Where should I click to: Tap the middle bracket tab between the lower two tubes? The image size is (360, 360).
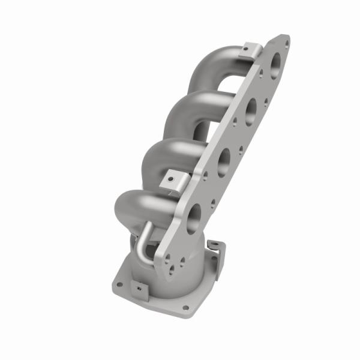tap(173, 179)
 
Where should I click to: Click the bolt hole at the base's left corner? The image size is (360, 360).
tap(119, 284)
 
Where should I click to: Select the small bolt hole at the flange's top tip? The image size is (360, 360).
tap(286, 41)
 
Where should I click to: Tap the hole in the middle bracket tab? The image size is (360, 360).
tap(171, 178)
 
